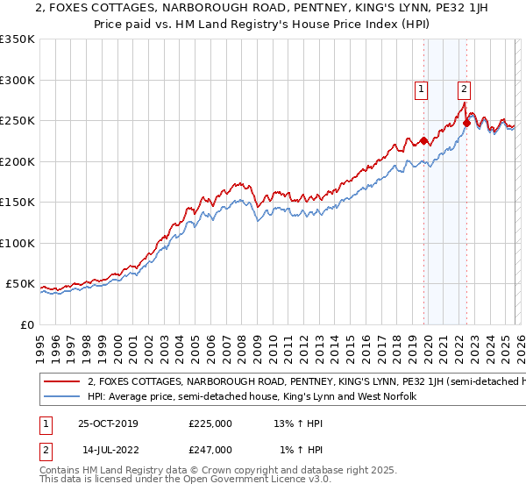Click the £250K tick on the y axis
[18, 121]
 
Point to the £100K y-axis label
[18, 243]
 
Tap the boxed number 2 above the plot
[463, 88]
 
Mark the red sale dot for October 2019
[423, 140]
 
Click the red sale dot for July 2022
[466, 123]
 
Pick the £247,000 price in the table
[210, 449]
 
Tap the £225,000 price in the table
[210, 423]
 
